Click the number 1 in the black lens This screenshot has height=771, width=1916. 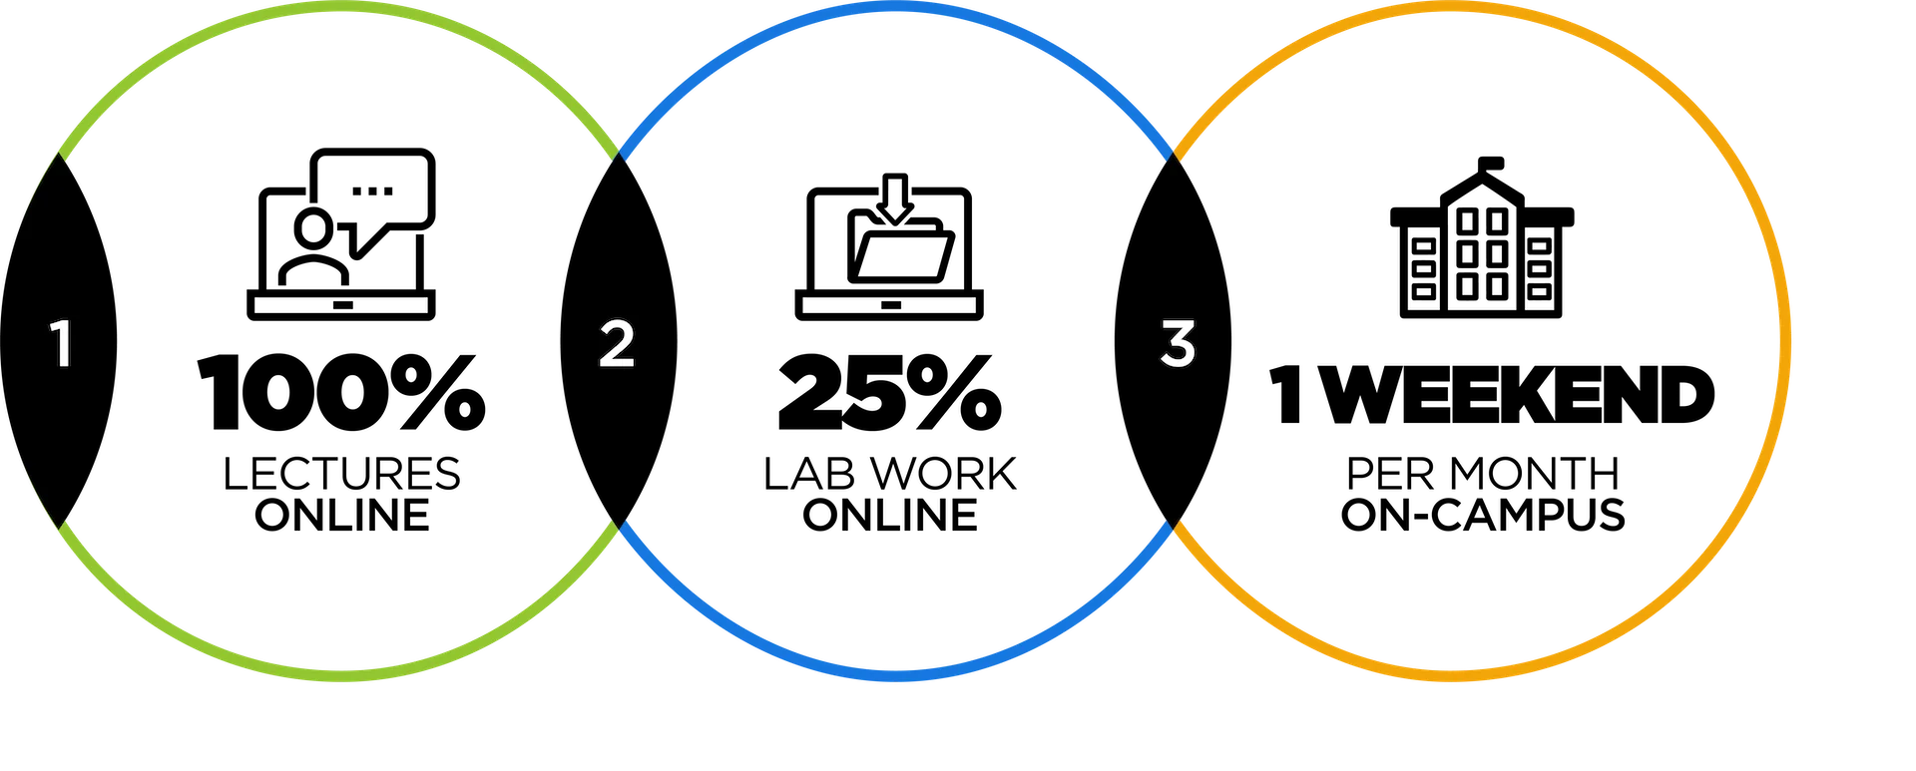62,344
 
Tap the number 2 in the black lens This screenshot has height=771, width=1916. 617,344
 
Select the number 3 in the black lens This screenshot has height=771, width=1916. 1179,344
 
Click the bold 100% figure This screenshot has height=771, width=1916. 341,393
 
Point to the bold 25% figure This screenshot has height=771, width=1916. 890,393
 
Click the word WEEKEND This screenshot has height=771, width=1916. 1522,395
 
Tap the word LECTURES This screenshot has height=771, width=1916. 341,474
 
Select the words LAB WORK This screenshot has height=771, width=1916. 890,474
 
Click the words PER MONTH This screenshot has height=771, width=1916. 1483,474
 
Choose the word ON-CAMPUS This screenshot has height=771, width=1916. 1483,515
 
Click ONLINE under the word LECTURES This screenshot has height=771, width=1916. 342,515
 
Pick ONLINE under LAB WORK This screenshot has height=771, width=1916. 890,515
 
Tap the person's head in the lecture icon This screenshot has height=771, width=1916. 314,228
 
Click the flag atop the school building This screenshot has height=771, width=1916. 1490,163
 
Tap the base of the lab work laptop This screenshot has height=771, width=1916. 889,304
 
